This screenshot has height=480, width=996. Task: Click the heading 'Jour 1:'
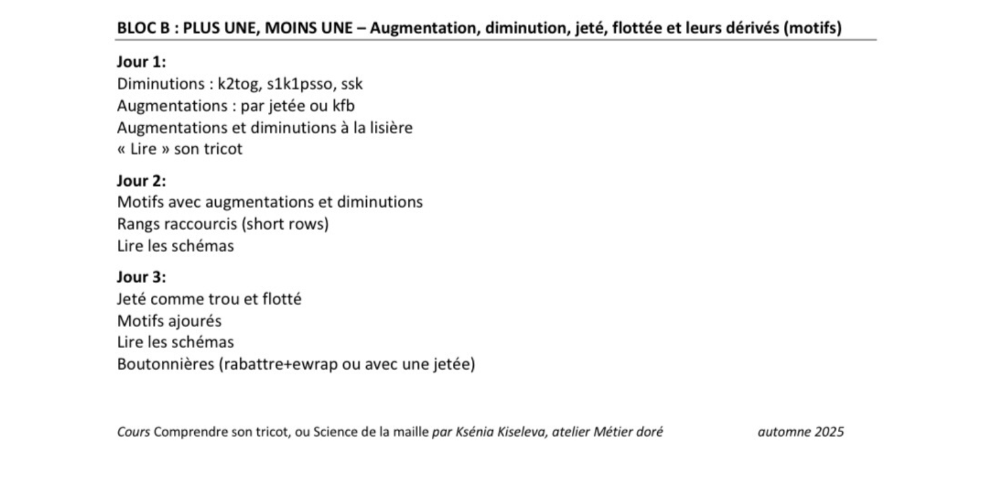click(x=141, y=62)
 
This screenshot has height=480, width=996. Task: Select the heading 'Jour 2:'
click(x=141, y=180)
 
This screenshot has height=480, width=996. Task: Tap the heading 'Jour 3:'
click(x=141, y=277)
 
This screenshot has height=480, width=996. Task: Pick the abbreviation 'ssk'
click(x=352, y=84)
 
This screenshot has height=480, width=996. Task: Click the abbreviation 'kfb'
click(x=344, y=106)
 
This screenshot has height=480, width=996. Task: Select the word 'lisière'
click(x=392, y=127)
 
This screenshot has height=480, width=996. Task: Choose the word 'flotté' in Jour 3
click(x=281, y=299)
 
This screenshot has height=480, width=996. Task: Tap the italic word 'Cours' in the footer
click(x=134, y=432)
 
